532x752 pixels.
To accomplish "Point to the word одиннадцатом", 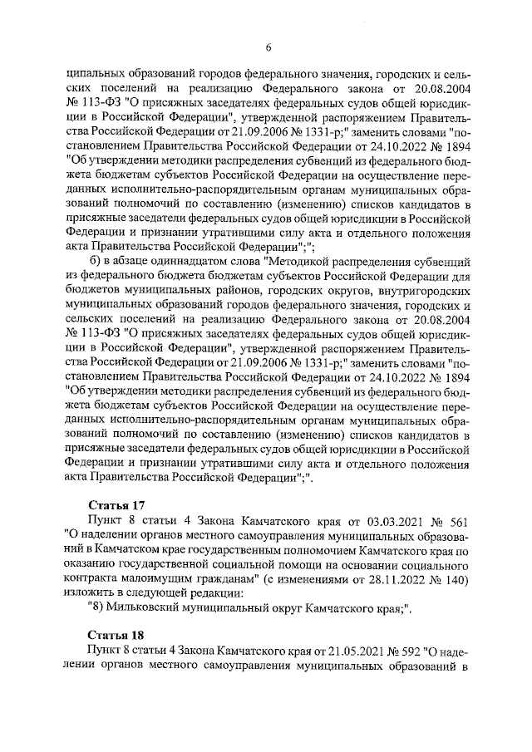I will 181,261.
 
